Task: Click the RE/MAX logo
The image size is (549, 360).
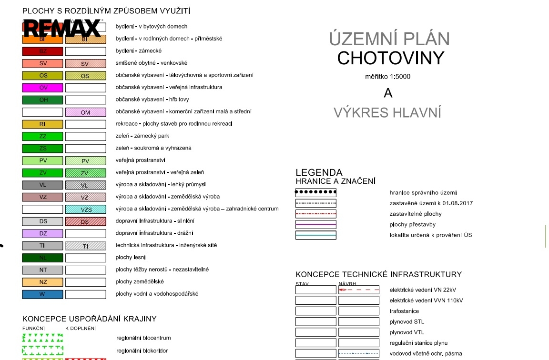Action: pyautogui.click(x=62, y=28)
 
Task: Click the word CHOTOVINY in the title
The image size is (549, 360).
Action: pyautogui.click(x=390, y=58)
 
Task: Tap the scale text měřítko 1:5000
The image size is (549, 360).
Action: pyautogui.click(x=387, y=77)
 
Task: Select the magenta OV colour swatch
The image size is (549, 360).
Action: pyautogui.click(x=42, y=88)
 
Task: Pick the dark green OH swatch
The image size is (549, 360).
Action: pyautogui.click(x=42, y=100)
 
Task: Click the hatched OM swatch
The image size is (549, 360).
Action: pyautogui.click(x=85, y=112)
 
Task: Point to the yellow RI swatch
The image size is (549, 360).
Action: pyautogui.click(x=42, y=124)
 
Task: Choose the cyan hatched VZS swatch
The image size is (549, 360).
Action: pyautogui.click(x=85, y=209)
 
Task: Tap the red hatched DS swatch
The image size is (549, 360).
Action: pyautogui.click(x=85, y=221)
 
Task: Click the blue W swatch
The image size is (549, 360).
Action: pyautogui.click(x=42, y=294)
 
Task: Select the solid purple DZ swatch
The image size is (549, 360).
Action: pyautogui.click(x=42, y=233)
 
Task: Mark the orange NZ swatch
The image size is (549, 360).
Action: pyautogui.click(x=42, y=282)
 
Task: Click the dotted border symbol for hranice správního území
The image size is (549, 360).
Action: pyautogui.click(x=315, y=193)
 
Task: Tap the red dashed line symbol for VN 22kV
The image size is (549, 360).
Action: pyautogui.click(x=358, y=290)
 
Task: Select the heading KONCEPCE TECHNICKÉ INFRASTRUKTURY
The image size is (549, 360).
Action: pyautogui.click(x=378, y=275)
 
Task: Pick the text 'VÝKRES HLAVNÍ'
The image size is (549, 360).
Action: pyautogui.click(x=387, y=113)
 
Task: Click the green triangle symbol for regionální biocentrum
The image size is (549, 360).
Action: pyautogui.click(x=42, y=339)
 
